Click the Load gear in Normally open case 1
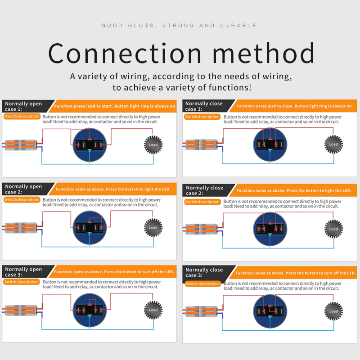click(x=153, y=145)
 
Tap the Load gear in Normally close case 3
click(x=333, y=311)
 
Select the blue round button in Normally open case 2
click(x=90, y=228)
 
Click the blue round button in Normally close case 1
click(x=270, y=144)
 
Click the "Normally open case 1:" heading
click(x=23, y=106)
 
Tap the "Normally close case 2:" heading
click(x=205, y=190)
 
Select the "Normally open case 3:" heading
click(x=23, y=272)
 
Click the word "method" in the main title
click(x=264, y=53)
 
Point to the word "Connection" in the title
click(x=125, y=53)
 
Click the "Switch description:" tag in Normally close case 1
click(x=202, y=117)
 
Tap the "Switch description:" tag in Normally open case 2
click(x=22, y=199)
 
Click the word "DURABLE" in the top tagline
click(x=238, y=26)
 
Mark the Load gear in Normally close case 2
click(x=333, y=229)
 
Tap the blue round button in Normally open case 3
click(x=90, y=310)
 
